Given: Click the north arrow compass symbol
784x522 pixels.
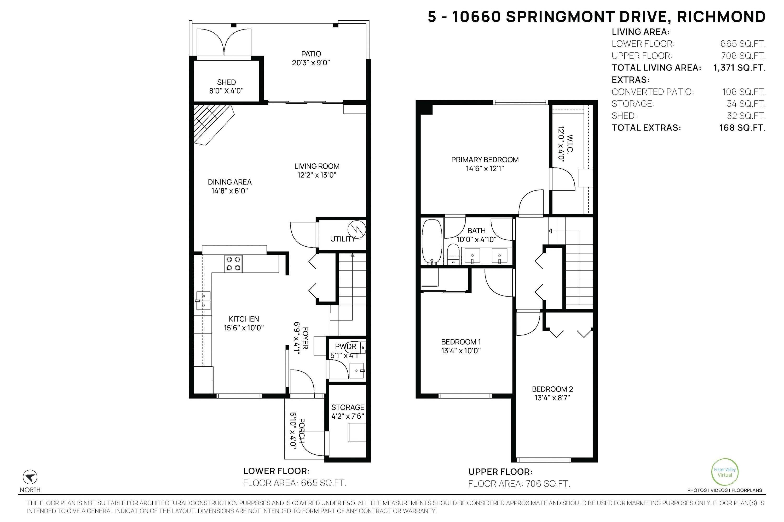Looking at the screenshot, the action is click(x=30, y=477).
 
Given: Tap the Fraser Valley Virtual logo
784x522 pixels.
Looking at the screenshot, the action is click(x=725, y=472).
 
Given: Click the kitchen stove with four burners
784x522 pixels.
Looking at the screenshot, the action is click(x=233, y=264).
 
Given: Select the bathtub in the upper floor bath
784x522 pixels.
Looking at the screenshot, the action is click(x=432, y=242).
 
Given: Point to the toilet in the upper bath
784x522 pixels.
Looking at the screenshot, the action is click(x=453, y=254).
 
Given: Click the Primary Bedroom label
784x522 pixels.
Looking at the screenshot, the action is click(x=485, y=160).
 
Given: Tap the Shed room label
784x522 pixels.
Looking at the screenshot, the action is click(x=226, y=82).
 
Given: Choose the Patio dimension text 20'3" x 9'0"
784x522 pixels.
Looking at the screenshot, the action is click(x=311, y=63).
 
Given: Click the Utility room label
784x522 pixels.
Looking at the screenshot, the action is click(x=343, y=239).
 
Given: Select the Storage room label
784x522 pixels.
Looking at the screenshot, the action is click(x=348, y=407).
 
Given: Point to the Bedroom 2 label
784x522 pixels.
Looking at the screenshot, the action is click(x=552, y=389).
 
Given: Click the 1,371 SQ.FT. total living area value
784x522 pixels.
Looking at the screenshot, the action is click(x=739, y=68).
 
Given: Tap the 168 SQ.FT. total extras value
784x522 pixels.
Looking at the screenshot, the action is click(x=742, y=128).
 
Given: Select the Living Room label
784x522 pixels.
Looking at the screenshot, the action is click(x=317, y=166).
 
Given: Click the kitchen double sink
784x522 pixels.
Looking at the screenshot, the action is click(x=203, y=301).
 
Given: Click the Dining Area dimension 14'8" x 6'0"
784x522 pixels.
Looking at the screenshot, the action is click(x=230, y=191).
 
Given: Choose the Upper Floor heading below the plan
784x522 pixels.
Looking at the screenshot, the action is click(x=500, y=472).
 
